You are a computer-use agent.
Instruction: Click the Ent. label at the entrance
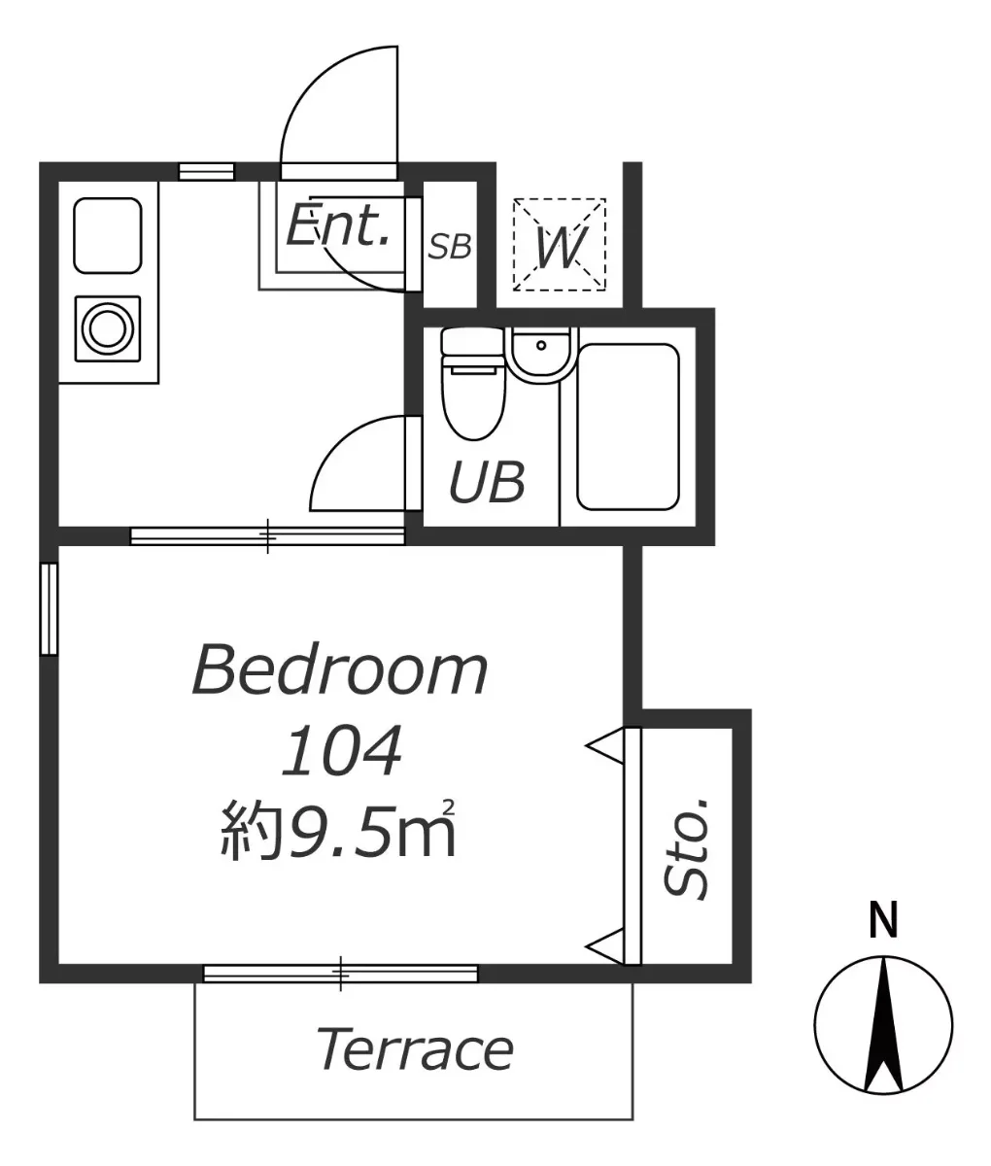coord(337,225)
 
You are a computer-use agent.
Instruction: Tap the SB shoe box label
coord(450,247)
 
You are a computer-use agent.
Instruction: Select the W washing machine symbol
coord(559,244)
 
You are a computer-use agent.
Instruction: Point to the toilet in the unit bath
coord(473,383)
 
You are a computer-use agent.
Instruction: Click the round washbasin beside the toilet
coord(541,355)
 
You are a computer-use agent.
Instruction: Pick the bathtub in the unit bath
coord(628,427)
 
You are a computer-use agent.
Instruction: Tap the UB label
coord(487,483)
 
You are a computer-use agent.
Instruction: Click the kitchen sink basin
coord(108,235)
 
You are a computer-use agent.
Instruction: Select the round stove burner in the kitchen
coord(107,328)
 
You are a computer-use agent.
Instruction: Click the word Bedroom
coord(340,670)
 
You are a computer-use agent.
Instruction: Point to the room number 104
coord(342,750)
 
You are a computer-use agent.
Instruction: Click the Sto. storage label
coord(686,848)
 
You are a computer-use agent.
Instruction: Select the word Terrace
coord(415,1049)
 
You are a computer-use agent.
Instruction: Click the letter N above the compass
coord(883,920)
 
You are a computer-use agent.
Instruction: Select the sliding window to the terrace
coord(341,974)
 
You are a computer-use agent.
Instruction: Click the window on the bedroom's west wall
coord(50,609)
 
